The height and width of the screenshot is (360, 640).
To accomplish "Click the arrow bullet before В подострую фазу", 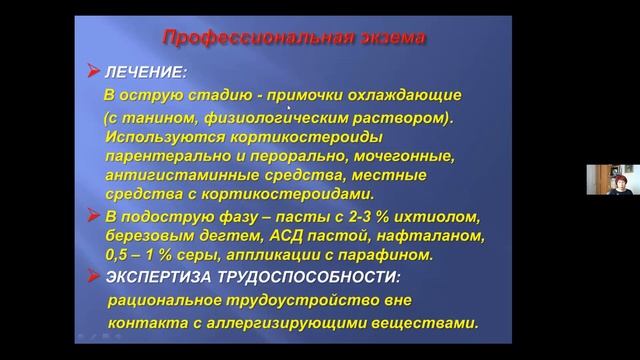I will tap(93, 214).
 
